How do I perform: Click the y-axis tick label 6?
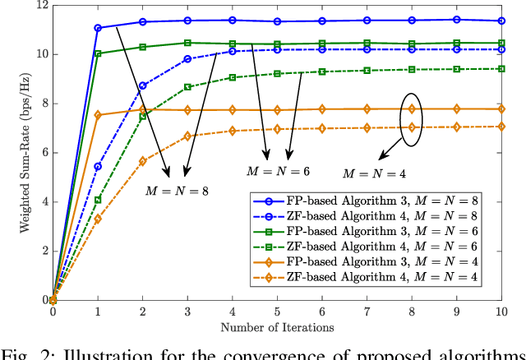pyautogui.click(x=40, y=153)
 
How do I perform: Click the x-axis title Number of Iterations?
pyautogui.click(x=278, y=326)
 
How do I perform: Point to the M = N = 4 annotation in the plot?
pyautogui.click(x=374, y=173)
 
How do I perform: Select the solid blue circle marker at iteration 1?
pyautogui.click(x=98, y=28)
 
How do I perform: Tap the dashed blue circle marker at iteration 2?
pyautogui.click(x=143, y=85)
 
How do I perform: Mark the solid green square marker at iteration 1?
pyautogui.click(x=98, y=53)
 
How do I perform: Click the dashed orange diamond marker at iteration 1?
pyautogui.click(x=98, y=219)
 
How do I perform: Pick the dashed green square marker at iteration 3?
pyautogui.click(x=187, y=86)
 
